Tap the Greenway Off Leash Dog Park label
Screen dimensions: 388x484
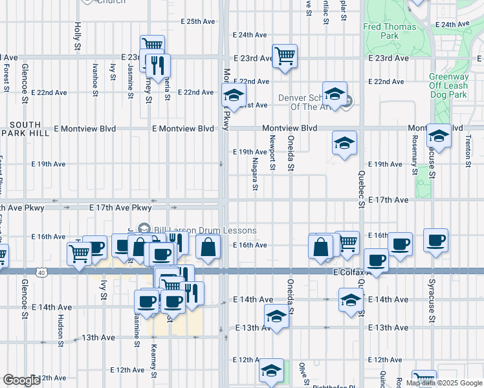click(448, 85)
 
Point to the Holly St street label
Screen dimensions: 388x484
click(77, 37)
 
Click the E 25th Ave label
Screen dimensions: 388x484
click(197, 21)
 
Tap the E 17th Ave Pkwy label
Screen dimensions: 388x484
click(123, 208)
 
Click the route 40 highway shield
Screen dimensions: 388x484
click(42, 273)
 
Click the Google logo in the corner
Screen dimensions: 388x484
click(21, 380)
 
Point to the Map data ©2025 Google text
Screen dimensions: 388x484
click(444, 383)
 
